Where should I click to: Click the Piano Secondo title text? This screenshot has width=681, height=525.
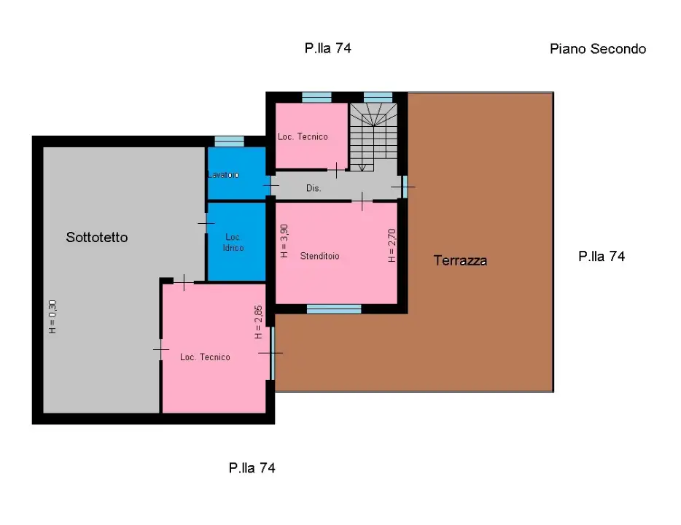coord(597,49)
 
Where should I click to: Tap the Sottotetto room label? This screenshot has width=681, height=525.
coord(97,237)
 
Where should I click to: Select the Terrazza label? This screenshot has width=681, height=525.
coord(460,260)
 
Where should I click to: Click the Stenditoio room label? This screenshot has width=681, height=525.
coord(320,256)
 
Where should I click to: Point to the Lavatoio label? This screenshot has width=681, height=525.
coord(223,175)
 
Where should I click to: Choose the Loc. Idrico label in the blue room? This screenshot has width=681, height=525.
coord(234,243)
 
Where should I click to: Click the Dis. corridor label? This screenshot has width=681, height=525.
coord(314,188)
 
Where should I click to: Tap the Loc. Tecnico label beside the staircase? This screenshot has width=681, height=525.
coord(303,136)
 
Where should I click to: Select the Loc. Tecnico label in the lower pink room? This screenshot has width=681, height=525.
coord(205,357)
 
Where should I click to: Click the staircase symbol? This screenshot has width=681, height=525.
coord(373,136)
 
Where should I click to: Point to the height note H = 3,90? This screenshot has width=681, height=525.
coord(284,241)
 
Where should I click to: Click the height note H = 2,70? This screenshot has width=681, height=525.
coord(392,246)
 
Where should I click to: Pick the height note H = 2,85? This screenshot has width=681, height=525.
coord(258,322)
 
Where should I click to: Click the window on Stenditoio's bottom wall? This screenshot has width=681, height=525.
coord(334,309)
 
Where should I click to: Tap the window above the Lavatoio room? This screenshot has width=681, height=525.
coord(229,141)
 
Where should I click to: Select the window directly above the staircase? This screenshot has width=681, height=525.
coord(378,97)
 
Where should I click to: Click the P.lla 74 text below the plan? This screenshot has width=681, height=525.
coord(252,468)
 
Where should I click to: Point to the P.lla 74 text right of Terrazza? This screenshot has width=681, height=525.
coord(602,256)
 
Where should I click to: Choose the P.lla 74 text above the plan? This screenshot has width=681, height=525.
coord(328,49)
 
